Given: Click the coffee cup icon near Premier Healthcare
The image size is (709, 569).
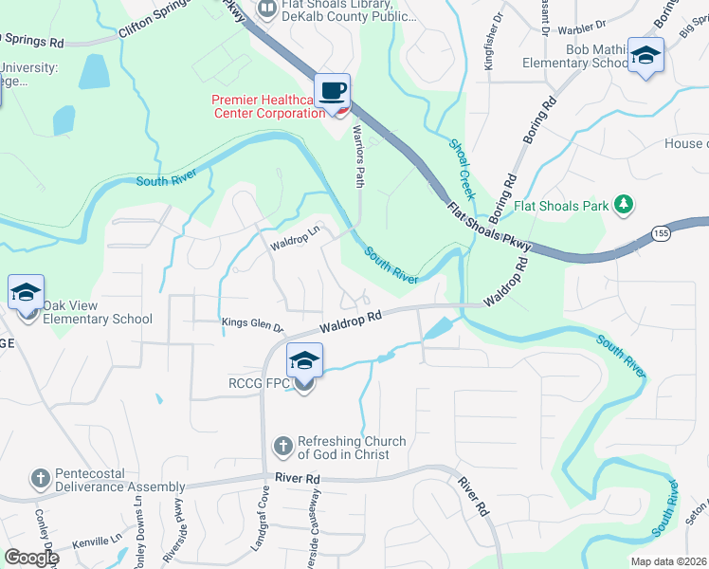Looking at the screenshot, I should pyautogui.click(x=332, y=92).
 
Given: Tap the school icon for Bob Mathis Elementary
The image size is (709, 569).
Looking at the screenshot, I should pyautogui.click(x=645, y=56).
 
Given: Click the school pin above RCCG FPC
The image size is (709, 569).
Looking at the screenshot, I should pyautogui.click(x=303, y=361).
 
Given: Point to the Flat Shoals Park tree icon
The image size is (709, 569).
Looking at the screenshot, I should pyautogui.click(x=623, y=204).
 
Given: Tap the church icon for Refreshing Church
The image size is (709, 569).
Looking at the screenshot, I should pyautogui.click(x=282, y=446).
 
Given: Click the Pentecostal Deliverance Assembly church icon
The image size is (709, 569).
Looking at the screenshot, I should pyautogui.click(x=40, y=479).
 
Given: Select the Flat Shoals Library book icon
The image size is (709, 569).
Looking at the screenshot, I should pyautogui.click(x=268, y=9).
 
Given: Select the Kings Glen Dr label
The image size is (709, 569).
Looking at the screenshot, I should pyautogui.click(x=252, y=324).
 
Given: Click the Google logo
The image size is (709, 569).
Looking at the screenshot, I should pyautogui.click(x=30, y=558).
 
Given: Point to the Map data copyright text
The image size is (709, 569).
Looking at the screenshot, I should pyautogui.click(x=669, y=561).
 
